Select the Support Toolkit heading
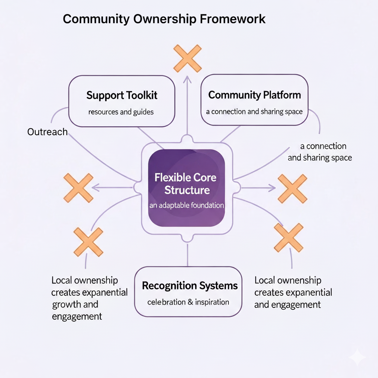click(122, 95)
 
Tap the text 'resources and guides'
click(121, 111)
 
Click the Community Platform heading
click(254, 95)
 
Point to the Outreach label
click(47, 132)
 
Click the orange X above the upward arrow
click(188, 58)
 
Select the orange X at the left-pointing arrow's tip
click(78, 188)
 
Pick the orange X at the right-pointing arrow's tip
click(292, 189)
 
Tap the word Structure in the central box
click(187, 190)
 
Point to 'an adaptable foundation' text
click(187, 205)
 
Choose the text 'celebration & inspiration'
click(188, 302)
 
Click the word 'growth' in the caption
click(65, 305)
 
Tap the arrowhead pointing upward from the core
click(187, 78)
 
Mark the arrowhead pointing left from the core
click(94, 188)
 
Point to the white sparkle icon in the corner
click(357, 357)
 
